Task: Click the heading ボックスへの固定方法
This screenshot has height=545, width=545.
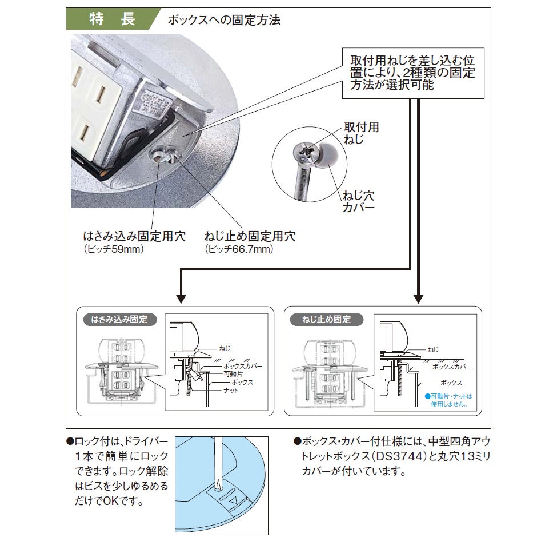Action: pyautogui.click(x=224, y=21)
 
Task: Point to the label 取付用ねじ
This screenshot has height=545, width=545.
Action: pyautogui.click(x=360, y=133)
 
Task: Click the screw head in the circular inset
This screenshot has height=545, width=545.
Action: pyautogui.click(x=304, y=151)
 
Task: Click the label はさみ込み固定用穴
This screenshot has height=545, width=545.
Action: pyautogui.click(x=134, y=237)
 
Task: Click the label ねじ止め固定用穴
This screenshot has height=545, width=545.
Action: pyautogui.click(x=250, y=237)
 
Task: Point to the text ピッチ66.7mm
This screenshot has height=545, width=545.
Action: pyautogui.click(x=239, y=250)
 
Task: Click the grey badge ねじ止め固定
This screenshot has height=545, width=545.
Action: pyautogui.click(x=326, y=320)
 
